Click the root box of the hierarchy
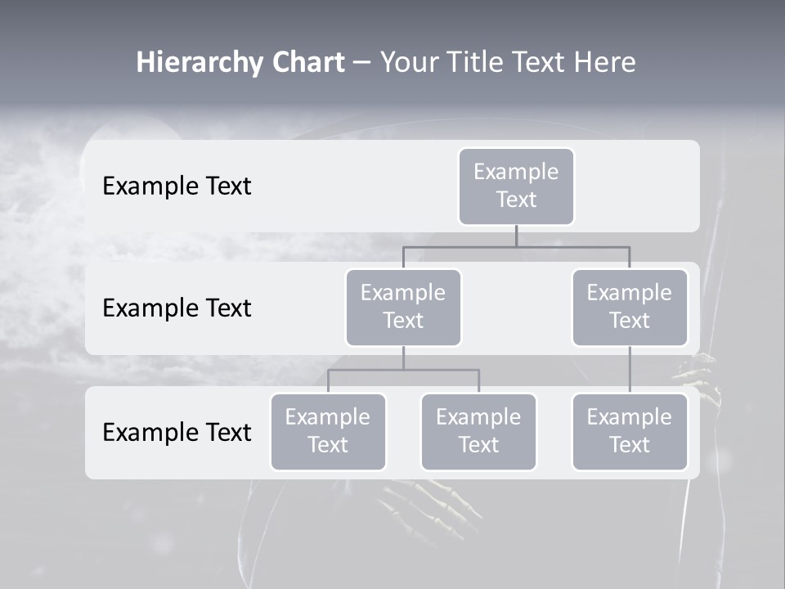(x=516, y=186)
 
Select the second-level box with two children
(x=403, y=307)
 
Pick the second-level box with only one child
(x=630, y=307)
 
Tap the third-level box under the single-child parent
(x=630, y=431)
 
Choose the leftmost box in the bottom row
(x=328, y=431)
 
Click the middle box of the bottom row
(x=478, y=431)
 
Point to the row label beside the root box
(x=177, y=186)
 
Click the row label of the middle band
(x=177, y=308)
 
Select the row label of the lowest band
(x=177, y=432)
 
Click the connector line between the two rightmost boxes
(x=630, y=370)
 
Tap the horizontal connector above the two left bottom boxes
(x=403, y=370)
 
